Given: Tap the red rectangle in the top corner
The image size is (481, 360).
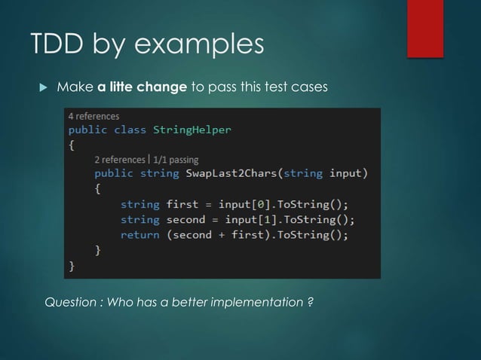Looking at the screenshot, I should point(424,28).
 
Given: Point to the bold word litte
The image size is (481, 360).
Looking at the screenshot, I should point(124,87).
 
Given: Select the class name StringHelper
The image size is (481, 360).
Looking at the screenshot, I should point(192,130).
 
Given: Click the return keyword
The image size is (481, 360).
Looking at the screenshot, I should point(139,234).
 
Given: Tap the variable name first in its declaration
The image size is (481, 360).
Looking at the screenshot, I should point(182,204).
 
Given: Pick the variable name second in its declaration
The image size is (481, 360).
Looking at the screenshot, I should point(185,219).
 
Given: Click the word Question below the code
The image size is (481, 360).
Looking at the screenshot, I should point(72,303).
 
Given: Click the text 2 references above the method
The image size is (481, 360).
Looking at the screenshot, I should point(120,159).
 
